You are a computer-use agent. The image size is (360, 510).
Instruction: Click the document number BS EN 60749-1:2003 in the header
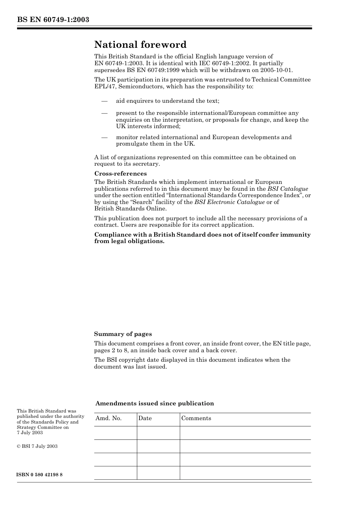(x=53, y=20)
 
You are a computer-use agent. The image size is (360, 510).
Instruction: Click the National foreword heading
(x=140, y=45)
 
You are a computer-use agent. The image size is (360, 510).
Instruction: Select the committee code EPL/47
(x=105, y=86)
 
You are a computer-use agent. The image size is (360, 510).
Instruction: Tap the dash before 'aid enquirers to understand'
(x=104, y=101)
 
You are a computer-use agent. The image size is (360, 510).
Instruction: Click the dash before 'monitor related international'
(x=104, y=137)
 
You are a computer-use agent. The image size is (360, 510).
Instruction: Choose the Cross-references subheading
(x=120, y=174)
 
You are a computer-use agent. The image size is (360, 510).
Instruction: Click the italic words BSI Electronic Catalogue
(x=229, y=202)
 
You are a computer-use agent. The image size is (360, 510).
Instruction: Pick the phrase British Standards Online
(x=130, y=209)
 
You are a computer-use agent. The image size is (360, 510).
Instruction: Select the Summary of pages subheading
(x=123, y=334)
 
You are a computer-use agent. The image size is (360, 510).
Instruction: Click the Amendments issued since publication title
(x=155, y=403)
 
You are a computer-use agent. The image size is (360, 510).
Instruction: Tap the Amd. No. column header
(x=108, y=418)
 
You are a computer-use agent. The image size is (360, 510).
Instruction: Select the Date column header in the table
(x=145, y=418)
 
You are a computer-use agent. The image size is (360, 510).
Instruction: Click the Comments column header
(x=196, y=418)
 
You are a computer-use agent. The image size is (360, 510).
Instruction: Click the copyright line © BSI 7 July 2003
(x=37, y=446)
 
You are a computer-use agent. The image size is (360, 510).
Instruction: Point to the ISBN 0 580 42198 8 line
(x=39, y=475)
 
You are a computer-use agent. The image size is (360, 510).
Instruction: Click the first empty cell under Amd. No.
(x=115, y=433)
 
